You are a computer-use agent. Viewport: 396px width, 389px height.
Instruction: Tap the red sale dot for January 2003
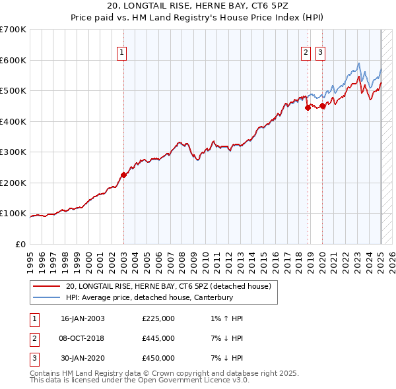pyautogui.click(x=123, y=175)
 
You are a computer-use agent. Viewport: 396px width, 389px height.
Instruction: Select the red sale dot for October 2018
pyautogui.click(x=308, y=109)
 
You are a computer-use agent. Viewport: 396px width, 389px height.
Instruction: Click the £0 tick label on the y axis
pyautogui.click(x=20, y=244)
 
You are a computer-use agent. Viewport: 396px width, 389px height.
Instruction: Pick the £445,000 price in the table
pyautogui.click(x=158, y=338)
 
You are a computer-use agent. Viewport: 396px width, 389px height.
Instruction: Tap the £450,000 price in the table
pyautogui.click(x=158, y=358)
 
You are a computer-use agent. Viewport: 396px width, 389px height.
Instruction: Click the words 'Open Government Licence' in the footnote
pyautogui.click(x=185, y=380)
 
